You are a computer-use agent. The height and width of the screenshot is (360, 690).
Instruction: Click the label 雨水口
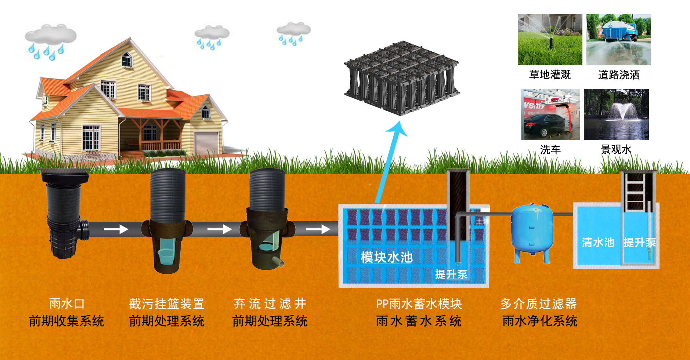tap(67, 304)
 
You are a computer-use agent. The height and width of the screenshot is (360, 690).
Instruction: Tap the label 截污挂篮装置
tap(166, 304)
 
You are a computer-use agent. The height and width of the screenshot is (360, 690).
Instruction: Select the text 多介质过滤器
tap(538, 304)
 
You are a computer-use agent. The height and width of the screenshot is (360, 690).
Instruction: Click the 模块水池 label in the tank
tap(387, 257)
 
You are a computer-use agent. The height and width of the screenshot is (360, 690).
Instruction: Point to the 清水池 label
tap(598, 242)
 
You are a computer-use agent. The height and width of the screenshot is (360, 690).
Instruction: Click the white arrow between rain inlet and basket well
tap(116, 230)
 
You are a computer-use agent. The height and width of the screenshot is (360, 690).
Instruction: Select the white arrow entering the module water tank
tap(318, 230)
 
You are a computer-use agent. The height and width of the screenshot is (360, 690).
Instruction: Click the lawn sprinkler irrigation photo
tap(550, 40)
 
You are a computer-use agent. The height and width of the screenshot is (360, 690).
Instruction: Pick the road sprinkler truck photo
tap(618, 40)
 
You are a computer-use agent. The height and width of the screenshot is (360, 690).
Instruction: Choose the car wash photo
tap(550, 114)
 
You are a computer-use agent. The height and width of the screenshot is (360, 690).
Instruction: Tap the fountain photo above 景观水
tap(616, 114)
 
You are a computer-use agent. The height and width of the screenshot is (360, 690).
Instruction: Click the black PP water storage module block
tap(402, 77)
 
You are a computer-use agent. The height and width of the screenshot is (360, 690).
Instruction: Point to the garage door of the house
tap(206, 143)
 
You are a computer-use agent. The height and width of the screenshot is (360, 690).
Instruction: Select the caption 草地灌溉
tap(550, 75)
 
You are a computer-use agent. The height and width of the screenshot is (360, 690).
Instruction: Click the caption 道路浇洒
tap(619, 75)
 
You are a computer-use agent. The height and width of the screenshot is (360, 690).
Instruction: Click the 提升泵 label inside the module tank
tap(451, 274)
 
